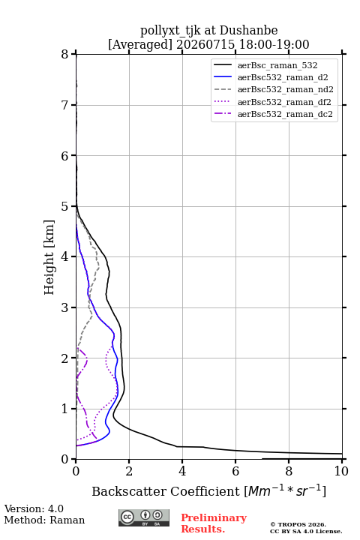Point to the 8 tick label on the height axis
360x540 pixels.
tap(65, 55)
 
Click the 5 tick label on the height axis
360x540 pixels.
tap(65, 206)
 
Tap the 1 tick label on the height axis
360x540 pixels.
tap(65, 409)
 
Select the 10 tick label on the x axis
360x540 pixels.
tap(341, 471)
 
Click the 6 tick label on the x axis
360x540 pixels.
tap(235, 471)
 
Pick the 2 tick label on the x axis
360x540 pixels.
tap(129, 471)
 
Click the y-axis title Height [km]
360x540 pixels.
tap(49, 257)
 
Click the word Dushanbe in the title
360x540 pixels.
tap(248, 31)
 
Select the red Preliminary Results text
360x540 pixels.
tap(214, 523)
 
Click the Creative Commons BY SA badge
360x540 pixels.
tap(144, 517)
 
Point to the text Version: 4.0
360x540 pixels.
tap(34, 508)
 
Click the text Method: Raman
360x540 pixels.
tap(44, 520)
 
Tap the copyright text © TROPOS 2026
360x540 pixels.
tap(298, 524)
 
